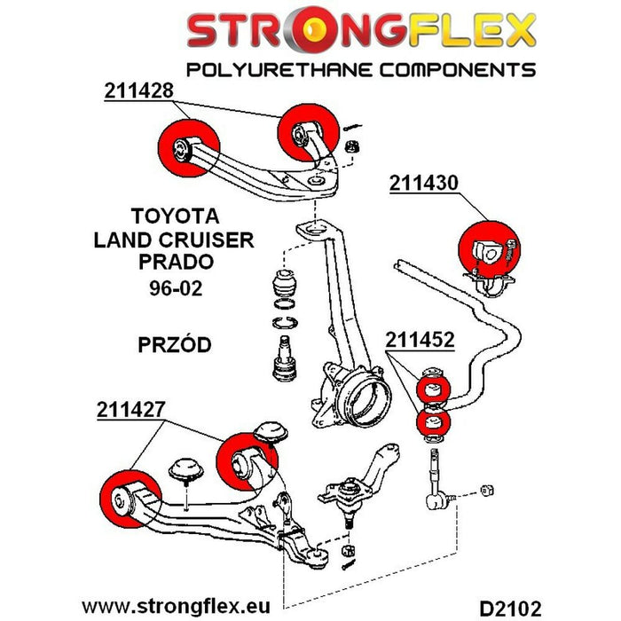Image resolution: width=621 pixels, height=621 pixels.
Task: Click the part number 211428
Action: pos(139,91)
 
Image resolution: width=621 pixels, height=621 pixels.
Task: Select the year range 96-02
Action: pos(174,289)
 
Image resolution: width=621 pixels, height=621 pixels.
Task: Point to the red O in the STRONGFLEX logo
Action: pos(313,33)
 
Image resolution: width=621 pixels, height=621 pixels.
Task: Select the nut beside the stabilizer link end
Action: pos(486,490)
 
